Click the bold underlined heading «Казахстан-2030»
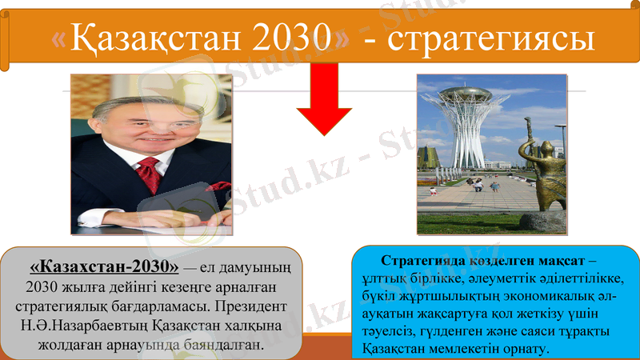pos(103,265)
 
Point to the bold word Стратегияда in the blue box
pos(422,262)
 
